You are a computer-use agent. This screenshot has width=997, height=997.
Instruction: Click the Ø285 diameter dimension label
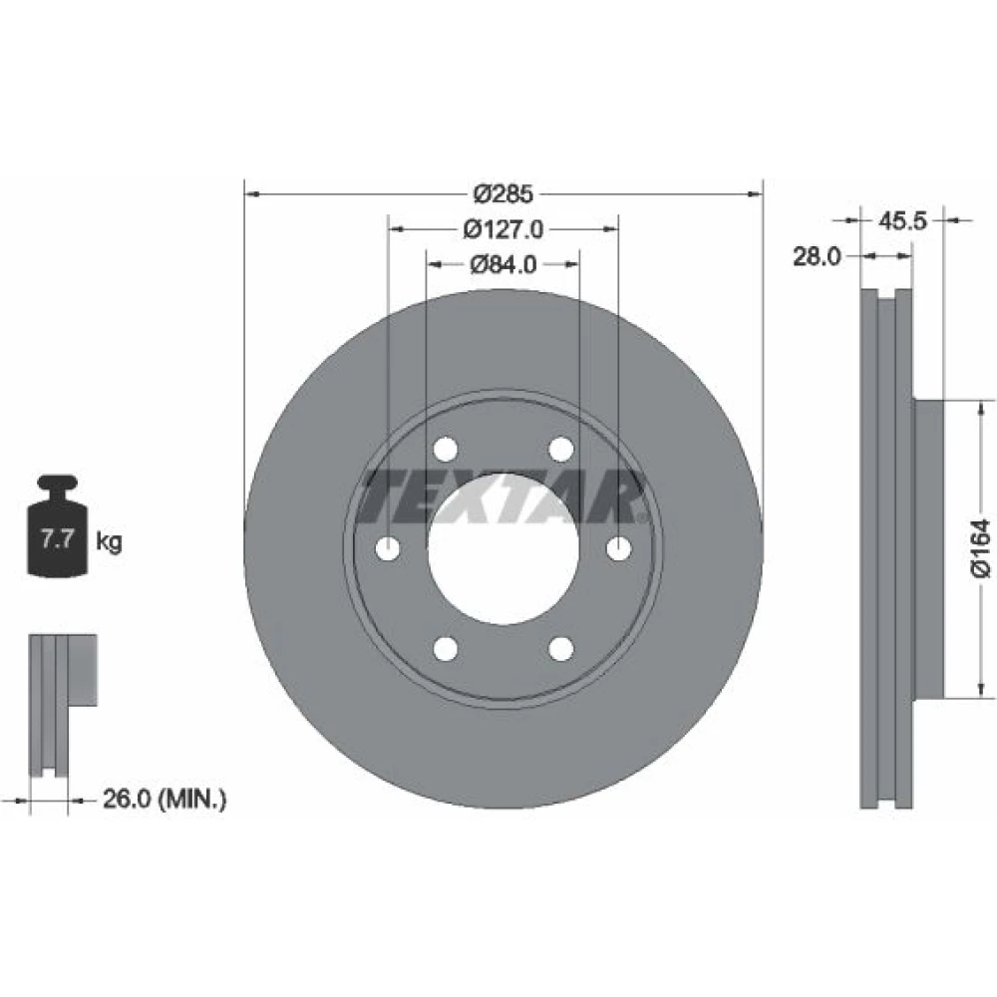502,193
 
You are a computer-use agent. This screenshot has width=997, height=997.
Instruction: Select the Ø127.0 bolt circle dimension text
502,229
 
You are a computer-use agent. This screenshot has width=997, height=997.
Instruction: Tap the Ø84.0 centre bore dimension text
502,264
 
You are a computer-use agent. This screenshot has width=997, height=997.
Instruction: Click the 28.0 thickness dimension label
817,256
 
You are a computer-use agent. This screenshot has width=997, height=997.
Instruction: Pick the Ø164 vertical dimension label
981,548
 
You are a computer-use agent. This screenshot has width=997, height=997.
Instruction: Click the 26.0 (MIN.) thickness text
165,800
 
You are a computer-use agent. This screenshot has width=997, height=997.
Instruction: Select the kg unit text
109,541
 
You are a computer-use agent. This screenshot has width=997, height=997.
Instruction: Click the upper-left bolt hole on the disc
445,449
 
